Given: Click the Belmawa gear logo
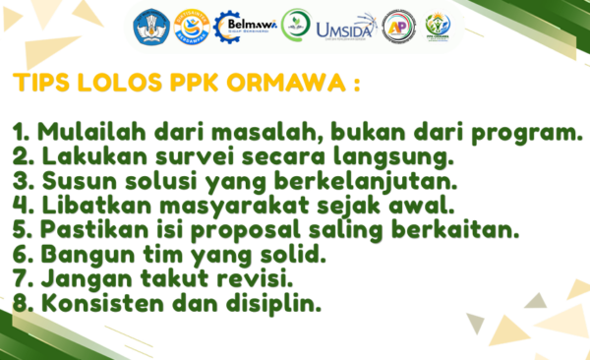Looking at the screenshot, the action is (245, 27).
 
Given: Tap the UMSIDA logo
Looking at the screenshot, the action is (346, 28).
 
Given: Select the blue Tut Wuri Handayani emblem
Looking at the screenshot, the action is (151, 28).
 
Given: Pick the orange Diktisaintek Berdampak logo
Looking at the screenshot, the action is (192, 28).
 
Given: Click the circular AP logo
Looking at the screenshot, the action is (399, 27).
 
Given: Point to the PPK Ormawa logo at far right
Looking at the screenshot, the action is (438, 27).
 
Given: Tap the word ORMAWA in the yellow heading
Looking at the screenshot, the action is (286, 83).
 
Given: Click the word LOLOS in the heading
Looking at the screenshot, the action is (119, 83).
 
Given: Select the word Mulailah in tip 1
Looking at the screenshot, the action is (91, 132).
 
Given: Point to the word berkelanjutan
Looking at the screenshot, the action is (366, 182).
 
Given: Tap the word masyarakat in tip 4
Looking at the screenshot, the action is (234, 207).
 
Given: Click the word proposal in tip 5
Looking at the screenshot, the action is (245, 230).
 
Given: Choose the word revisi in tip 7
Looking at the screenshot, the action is (255, 278).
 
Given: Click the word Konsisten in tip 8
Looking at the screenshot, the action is (102, 303).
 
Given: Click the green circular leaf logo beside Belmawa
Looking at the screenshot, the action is (296, 25).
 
